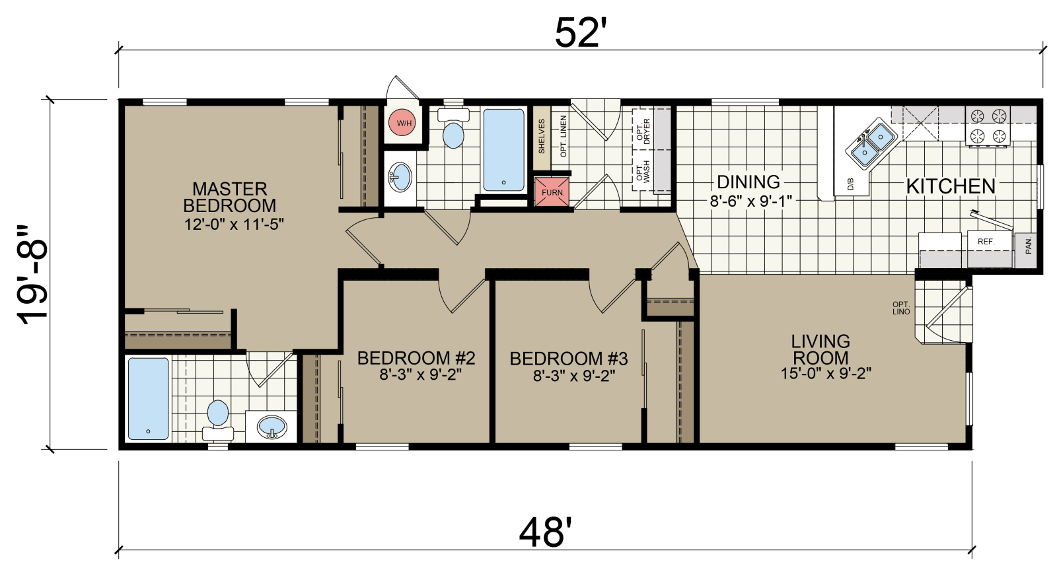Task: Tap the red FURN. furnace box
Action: coord(552,192)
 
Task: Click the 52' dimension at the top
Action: coord(579,32)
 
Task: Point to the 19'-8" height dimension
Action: coord(33,275)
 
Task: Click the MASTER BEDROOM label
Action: coord(230,197)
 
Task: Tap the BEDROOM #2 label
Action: coord(416,358)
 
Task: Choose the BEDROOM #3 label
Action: coord(569,359)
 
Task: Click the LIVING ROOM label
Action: coord(820,349)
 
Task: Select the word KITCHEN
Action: coord(951,186)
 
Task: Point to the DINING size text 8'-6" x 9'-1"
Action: coord(750,201)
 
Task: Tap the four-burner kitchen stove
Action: coord(988,126)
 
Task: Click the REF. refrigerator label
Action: coord(986,242)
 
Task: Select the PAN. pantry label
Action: coord(1028,246)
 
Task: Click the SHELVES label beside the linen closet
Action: coord(542,136)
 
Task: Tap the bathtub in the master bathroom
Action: coord(148,399)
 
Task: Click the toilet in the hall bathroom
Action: coord(453,128)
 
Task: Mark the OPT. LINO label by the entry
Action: coord(901,308)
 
